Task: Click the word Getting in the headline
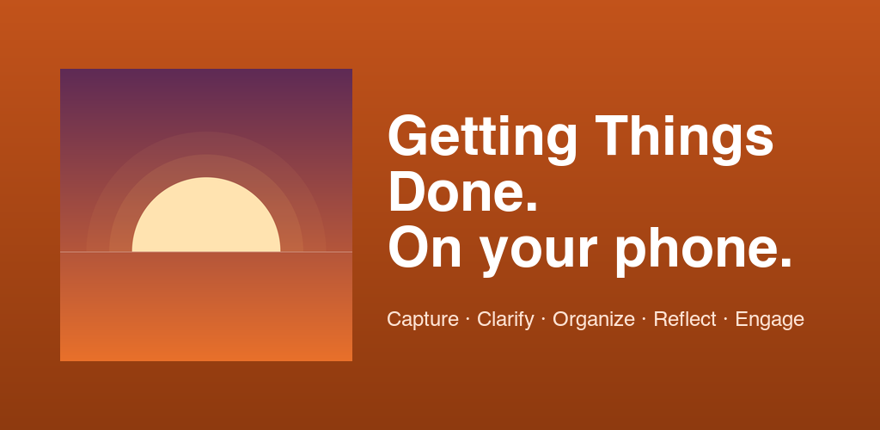click(482, 140)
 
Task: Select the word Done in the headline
click(455, 191)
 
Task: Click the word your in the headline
click(537, 254)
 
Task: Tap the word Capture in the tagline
click(423, 320)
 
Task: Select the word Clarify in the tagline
click(505, 319)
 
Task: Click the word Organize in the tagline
click(594, 320)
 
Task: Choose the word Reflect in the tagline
click(685, 319)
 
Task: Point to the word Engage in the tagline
click(769, 320)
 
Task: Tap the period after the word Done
click(531, 206)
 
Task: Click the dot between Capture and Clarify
click(467, 319)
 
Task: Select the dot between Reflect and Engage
click(725, 319)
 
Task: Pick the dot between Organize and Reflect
click(644, 319)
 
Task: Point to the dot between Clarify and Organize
click(543, 319)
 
